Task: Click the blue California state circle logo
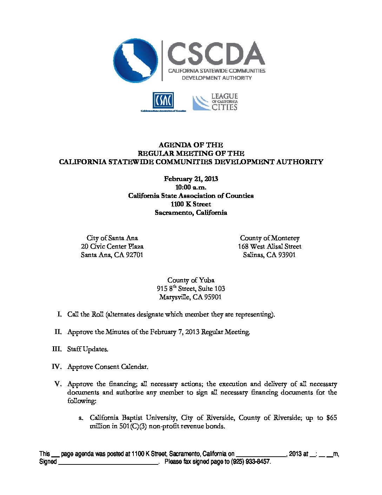[136, 60]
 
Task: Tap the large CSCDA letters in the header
[216, 54]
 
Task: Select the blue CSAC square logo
[163, 101]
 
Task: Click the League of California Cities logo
[215, 102]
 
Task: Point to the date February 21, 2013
[191, 179]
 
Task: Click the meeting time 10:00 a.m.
[191, 187]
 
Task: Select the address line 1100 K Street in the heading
[191, 204]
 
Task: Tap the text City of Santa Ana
[112, 238]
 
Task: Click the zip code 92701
[134, 255]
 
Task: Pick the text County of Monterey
[270, 238]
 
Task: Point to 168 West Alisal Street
[270, 246]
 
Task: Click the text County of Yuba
[191, 280]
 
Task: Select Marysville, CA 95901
[191, 297]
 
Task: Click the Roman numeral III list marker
[57, 349]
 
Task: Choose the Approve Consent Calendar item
[108, 367]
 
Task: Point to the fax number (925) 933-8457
[250, 462]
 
